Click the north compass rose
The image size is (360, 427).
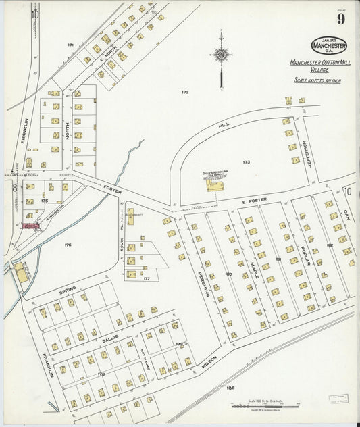pyautogui.click(x=220, y=55)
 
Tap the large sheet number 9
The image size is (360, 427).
pyautogui.click(x=341, y=19)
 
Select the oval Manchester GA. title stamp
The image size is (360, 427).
pyautogui.click(x=329, y=45)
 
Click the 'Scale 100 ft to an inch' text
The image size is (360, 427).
pyautogui.click(x=320, y=80)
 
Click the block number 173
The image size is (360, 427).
pyautogui.click(x=246, y=162)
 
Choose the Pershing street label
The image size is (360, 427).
pyautogui.click(x=201, y=284)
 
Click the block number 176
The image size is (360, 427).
pyautogui.click(x=68, y=245)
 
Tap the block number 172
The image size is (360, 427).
pyautogui.click(x=184, y=91)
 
